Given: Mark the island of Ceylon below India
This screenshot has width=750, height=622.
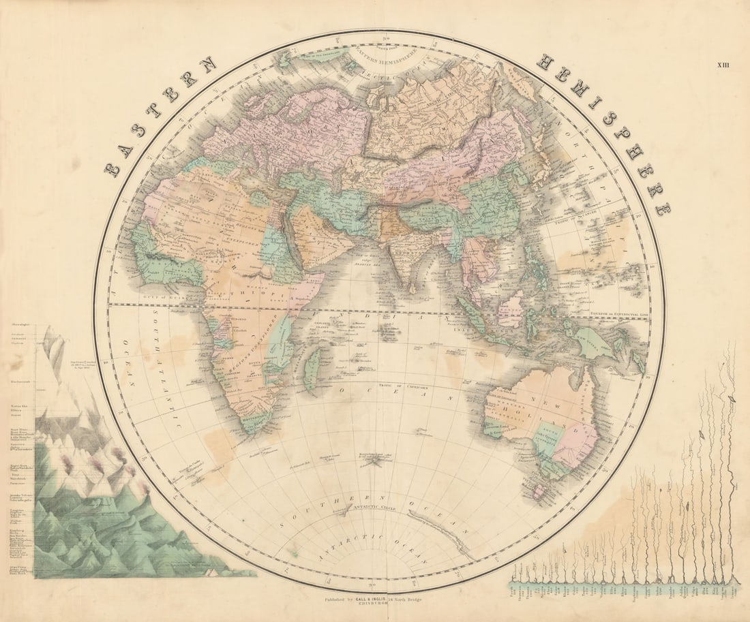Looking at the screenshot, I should [415, 285].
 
